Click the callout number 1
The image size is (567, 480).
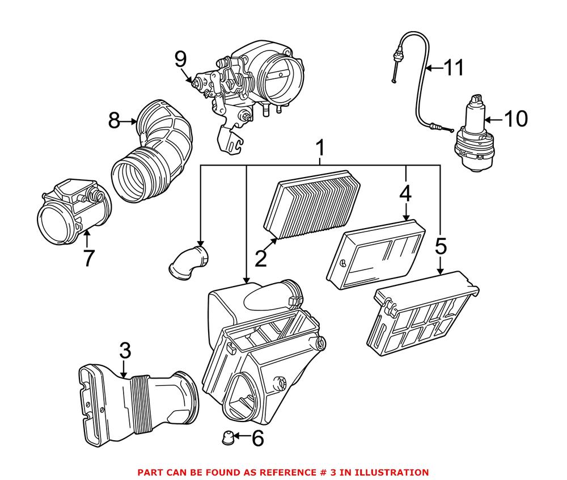[320, 149]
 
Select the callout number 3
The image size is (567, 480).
[125, 351]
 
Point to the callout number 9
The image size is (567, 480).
[180, 58]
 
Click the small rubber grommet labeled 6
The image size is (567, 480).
[227, 437]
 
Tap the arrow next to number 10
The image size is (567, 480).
[492, 120]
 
